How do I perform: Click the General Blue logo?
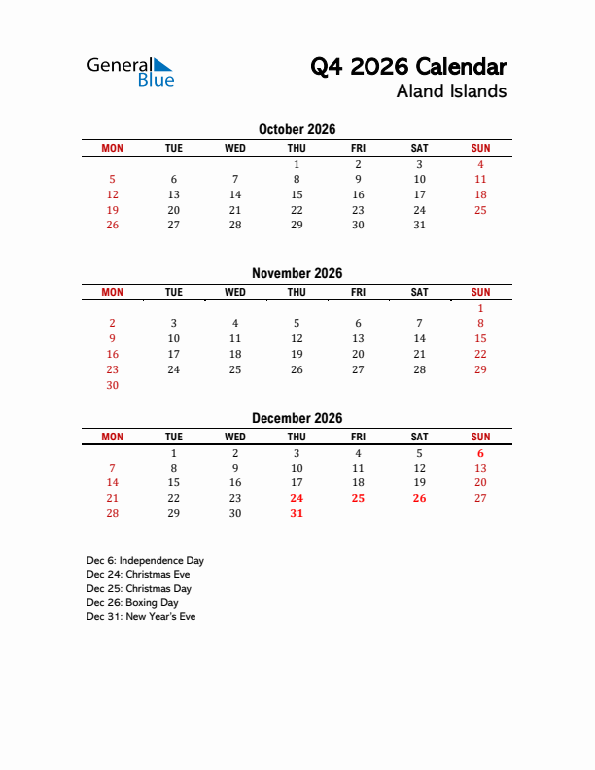tap(130, 72)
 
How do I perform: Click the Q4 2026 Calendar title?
tap(408, 67)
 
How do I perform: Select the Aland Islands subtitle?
tap(451, 92)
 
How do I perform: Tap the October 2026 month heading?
tap(297, 129)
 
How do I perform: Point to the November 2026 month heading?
tap(297, 274)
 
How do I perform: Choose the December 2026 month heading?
tap(297, 418)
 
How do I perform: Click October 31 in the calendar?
tap(419, 225)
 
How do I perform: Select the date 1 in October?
tap(297, 164)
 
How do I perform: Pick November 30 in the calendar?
tap(112, 385)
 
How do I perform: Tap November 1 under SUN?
tap(480, 308)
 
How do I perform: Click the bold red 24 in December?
tap(297, 498)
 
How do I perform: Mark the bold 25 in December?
tap(358, 498)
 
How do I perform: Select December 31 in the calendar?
tap(297, 513)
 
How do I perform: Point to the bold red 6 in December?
tap(480, 453)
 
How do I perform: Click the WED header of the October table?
tap(235, 148)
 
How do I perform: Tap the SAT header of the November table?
tap(419, 292)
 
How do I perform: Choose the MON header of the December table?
tap(112, 437)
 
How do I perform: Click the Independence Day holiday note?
tap(145, 561)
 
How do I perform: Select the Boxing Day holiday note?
tap(132, 603)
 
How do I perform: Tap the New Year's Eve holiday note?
tap(141, 617)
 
